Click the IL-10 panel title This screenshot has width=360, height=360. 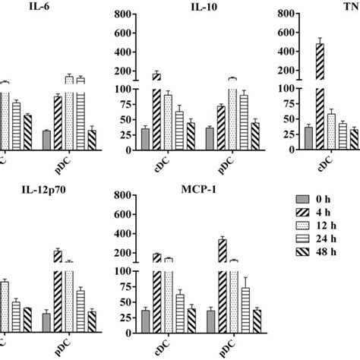[x=199, y=8]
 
